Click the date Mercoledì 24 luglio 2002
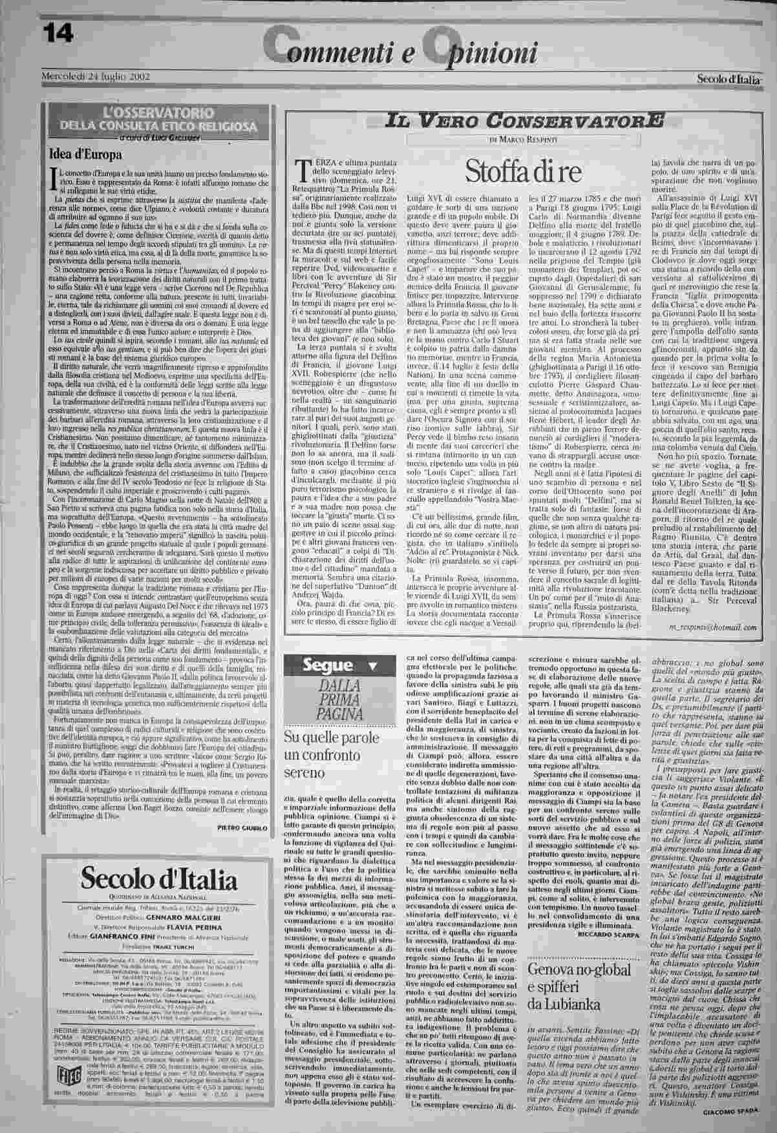pyautogui.click(x=96, y=76)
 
